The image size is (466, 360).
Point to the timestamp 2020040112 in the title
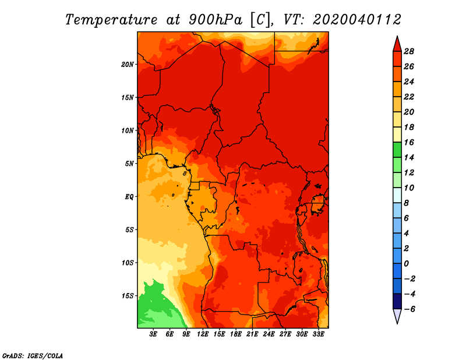(357, 19)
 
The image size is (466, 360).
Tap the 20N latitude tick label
(128, 64)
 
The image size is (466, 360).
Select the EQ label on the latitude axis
(129, 196)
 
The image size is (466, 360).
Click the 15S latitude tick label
(128, 295)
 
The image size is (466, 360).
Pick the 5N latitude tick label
(129, 163)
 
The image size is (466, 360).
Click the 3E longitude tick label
(154, 335)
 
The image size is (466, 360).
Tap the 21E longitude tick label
(253, 335)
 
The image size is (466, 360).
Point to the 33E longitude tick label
(319, 335)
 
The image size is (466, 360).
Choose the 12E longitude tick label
(203, 335)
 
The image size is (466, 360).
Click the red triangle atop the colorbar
(397, 44)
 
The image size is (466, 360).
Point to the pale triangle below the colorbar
(397, 316)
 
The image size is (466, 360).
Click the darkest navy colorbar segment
(397, 301)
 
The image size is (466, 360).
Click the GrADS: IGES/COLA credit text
(32, 355)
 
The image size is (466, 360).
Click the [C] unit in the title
(260, 19)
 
